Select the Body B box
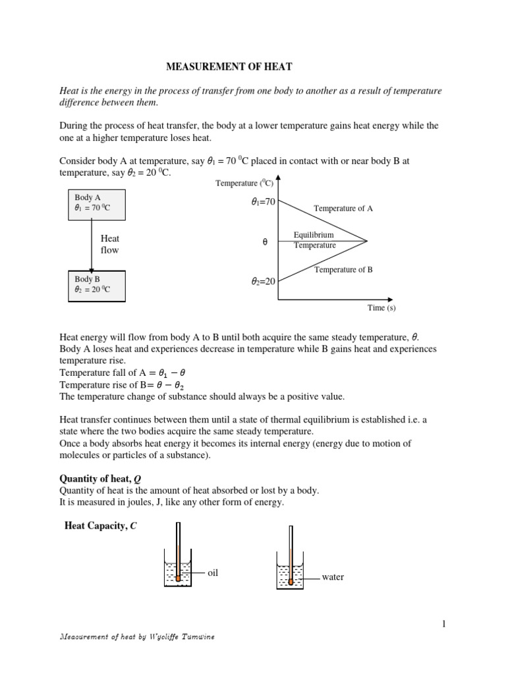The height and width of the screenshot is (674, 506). point(96,285)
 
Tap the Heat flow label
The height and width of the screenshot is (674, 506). point(109,245)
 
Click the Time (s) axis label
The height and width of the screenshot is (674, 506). point(381,307)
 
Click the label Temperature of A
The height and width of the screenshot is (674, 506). point(343,208)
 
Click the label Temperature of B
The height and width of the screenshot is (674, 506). point(343,269)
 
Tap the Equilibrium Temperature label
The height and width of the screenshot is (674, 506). point(314,240)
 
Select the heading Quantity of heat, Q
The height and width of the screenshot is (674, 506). point(101,479)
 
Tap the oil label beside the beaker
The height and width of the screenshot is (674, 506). point(212,573)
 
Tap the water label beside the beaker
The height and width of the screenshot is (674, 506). point(333,577)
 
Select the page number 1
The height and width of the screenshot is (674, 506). point(444,623)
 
